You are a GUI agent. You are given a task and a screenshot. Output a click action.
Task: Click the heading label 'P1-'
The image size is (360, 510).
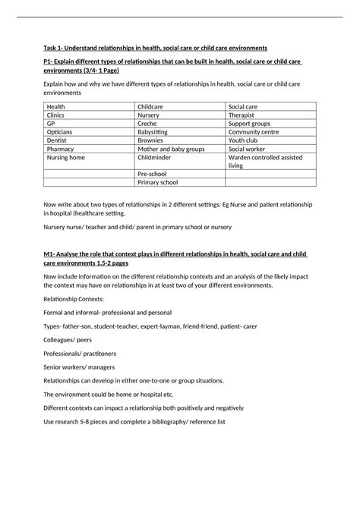(51, 61)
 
